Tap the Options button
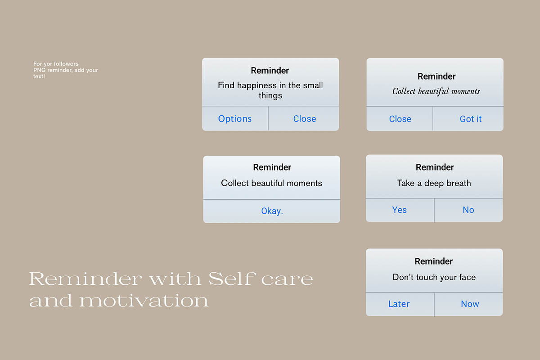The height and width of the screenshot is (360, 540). [235, 119]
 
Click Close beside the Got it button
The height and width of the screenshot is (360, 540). [400, 119]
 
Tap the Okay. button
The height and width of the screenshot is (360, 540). [272, 211]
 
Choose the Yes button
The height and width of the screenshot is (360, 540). [400, 210]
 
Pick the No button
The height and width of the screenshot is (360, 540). [468, 210]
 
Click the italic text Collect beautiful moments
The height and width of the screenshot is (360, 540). [436, 91]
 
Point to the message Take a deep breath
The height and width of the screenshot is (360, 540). [434, 183]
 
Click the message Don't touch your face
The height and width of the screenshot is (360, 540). [434, 277]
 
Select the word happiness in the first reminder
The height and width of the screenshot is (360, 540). [257, 85]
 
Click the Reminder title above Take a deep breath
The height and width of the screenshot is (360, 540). [435, 167]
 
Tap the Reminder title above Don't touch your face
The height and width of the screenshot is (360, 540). [434, 261]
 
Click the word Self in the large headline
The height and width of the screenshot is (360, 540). [231, 279]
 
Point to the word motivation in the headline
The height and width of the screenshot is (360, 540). [144, 301]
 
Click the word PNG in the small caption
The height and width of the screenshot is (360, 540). [39, 70]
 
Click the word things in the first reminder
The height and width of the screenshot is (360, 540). [270, 96]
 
